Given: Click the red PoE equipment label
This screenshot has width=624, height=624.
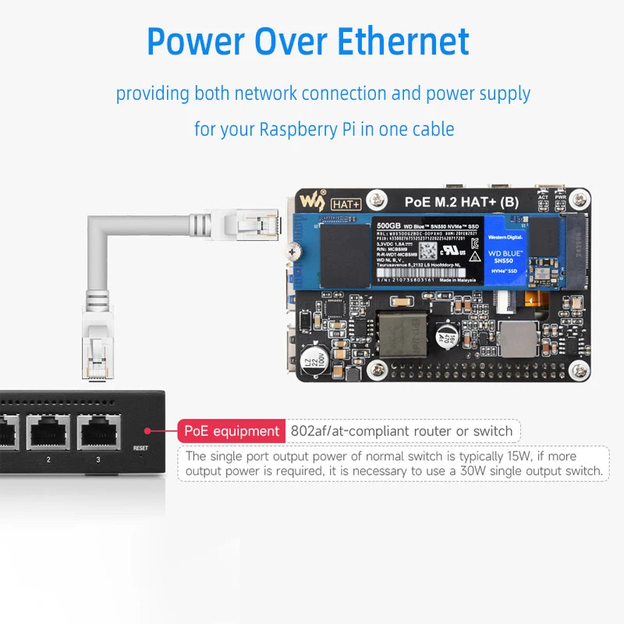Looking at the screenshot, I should pyautogui.click(x=232, y=431).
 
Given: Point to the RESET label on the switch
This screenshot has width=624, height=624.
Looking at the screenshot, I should pyautogui.click(x=140, y=448).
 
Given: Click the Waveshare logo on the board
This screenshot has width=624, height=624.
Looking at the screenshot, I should pyautogui.click(x=315, y=200).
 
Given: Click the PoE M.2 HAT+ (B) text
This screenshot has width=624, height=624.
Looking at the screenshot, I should pyautogui.click(x=461, y=202).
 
